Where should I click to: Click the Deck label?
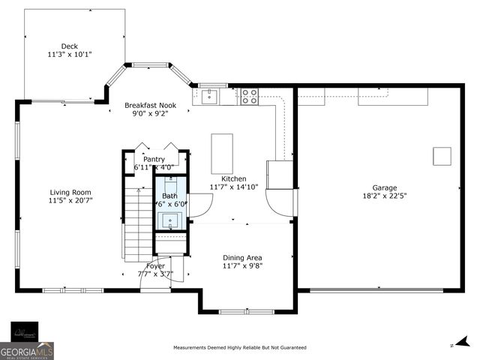(69, 46)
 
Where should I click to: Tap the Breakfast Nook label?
(151, 106)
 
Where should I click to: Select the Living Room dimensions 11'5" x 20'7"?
(70, 201)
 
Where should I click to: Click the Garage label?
(385, 187)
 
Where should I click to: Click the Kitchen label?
(233, 178)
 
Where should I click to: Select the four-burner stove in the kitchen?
(249, 96)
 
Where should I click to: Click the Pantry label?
(154, 159)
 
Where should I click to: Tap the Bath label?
(169, 196)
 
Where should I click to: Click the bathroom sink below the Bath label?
(170, 220)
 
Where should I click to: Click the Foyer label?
(155, 265)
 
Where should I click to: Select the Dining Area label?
(242, 258)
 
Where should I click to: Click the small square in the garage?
(442, 155)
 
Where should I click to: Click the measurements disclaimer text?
(240, 348)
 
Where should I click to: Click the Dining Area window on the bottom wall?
(244, 310)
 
